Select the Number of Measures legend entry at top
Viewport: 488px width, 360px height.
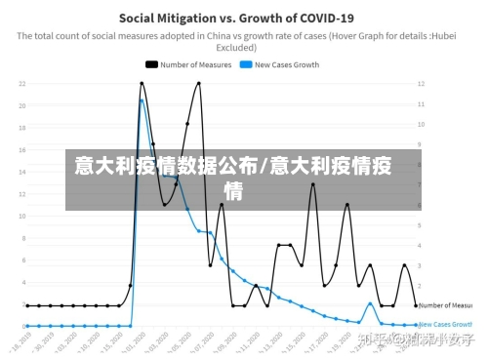tap(195, 64)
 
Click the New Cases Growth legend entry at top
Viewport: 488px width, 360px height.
tap(286, 64)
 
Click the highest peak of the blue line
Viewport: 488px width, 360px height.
tap(142, 100)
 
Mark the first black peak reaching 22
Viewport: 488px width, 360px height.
tap(142, 83)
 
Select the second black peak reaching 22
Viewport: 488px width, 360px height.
tap(199, 83)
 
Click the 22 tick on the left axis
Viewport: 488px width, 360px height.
tap(20, 83)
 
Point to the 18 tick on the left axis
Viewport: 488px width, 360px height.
tap(20, 128)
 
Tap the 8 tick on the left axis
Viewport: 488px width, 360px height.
tap(22, 239)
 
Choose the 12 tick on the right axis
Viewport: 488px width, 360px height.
tap(422, 83)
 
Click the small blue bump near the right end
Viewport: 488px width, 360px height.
tap(370, 303)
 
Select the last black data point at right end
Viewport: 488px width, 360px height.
tap(416, 305)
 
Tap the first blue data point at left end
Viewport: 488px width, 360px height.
tap(27, 326)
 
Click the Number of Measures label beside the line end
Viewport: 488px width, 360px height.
tap(446, 305)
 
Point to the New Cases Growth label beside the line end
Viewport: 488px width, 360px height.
tap(446, 324)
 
